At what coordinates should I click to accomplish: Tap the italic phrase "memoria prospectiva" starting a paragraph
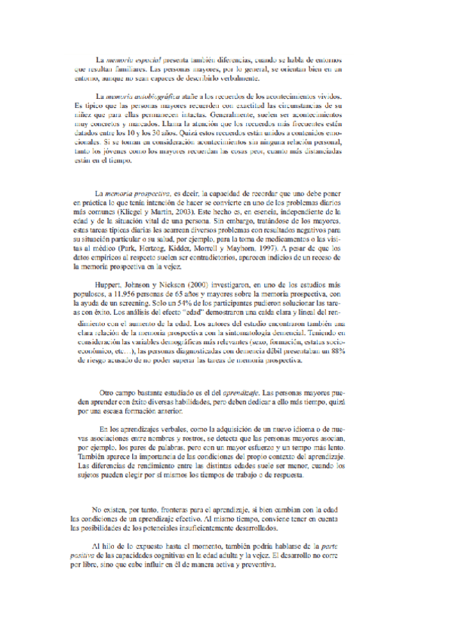138,194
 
